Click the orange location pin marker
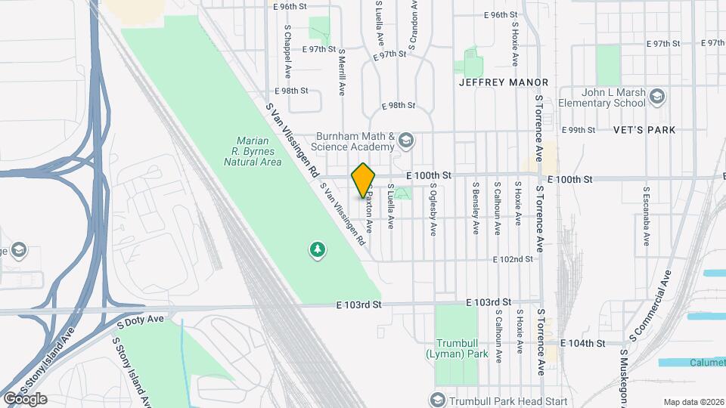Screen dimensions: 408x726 click(364, 180)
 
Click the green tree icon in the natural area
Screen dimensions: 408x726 click(318, 249)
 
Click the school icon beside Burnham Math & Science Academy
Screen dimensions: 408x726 click(407, 141)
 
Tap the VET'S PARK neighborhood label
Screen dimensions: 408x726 click(646, 130)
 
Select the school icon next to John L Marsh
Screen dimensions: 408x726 click(657, 96)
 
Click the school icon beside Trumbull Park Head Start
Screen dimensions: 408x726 click(436, 400)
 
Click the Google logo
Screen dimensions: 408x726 click(25, 398)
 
